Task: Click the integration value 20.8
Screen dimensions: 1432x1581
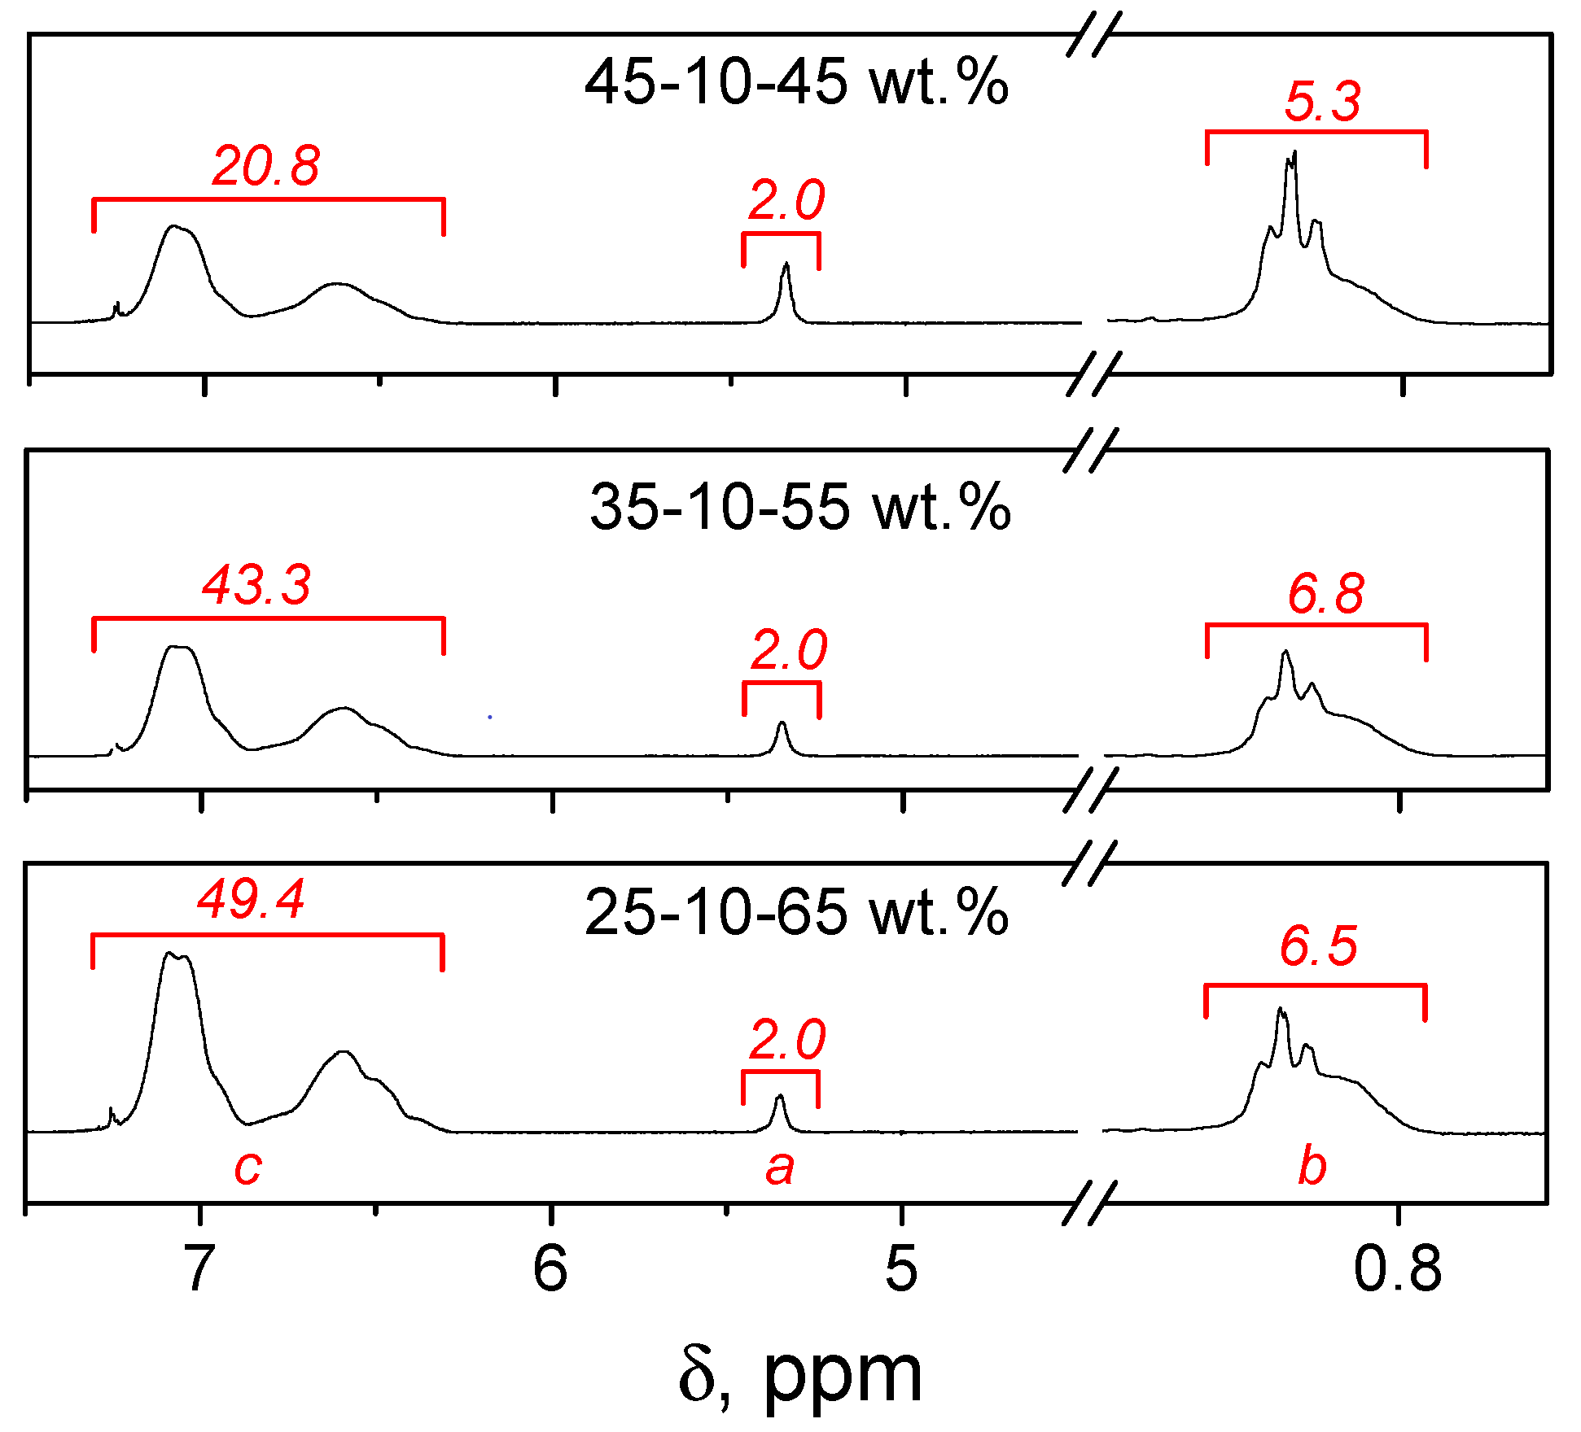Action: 266,166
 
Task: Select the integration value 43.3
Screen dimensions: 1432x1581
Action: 256,585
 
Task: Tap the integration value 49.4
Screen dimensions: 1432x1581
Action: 252,899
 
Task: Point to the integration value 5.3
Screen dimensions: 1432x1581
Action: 1322,103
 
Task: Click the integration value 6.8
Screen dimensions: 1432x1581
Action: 1325,594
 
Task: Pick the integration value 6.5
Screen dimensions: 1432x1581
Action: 1319,946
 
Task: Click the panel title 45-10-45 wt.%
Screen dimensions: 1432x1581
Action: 796,83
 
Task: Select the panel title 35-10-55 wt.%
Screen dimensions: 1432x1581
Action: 799,507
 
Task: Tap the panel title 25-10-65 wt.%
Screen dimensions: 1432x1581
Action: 796,912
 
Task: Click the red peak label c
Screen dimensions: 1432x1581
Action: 247,1168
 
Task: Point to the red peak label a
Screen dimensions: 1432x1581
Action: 779,1168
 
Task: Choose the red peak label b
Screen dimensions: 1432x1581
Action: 1312,1166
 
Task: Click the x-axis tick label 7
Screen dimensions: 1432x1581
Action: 199,1268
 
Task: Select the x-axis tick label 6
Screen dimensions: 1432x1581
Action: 550,1268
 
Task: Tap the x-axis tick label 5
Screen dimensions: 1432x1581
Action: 901,1268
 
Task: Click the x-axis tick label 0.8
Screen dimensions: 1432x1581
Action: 1397,1268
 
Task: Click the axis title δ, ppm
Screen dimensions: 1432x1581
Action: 800,1375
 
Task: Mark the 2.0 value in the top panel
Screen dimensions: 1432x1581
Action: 786,200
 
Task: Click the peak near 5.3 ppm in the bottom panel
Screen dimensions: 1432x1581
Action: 780,1098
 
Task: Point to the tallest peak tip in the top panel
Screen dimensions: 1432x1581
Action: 1294,152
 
